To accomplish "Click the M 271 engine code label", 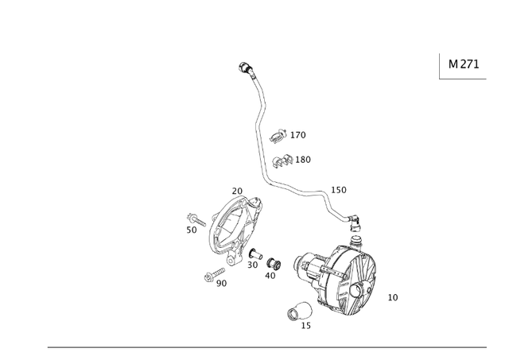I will tap(464, 64).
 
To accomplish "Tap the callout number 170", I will tap(297, 135).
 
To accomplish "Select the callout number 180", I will tap(303, 160).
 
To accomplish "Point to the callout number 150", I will tap(339, 190).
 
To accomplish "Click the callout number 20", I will tap(237, 191).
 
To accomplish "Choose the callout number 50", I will tap(192, 230).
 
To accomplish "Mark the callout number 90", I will tap(221, 283).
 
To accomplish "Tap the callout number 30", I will tap(252, 265).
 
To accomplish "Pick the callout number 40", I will tap(270, 276).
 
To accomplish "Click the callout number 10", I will tap(393, 297).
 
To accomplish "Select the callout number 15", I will tap(306, 325).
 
